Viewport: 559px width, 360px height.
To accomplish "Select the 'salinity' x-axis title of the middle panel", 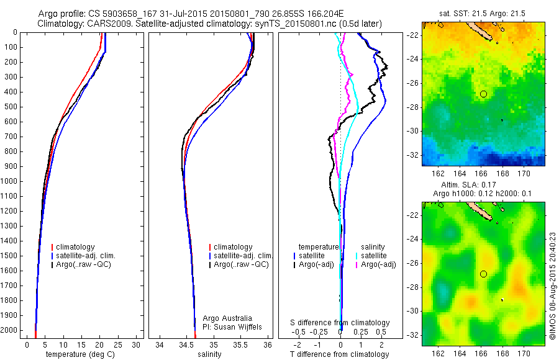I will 209,354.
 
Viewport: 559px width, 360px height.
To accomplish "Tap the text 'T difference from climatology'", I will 340,354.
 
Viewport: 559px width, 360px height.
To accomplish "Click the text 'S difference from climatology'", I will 340,323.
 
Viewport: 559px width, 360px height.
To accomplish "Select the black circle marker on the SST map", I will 483,94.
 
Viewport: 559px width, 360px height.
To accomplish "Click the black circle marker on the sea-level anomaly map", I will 483,274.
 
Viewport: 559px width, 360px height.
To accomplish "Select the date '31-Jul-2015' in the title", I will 173,13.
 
